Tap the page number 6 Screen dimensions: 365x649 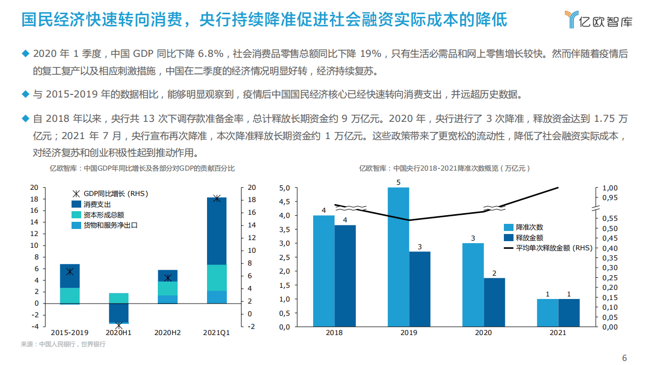coord(625,357)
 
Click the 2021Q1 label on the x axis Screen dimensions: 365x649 coord(217,333)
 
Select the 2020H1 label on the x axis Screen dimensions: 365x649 coord(118,333)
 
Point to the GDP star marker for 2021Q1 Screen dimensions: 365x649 coord(217,198)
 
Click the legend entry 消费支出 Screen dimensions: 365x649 coord(97,204)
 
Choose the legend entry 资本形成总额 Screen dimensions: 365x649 coord(104,215)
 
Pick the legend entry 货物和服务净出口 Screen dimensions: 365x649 coord(110,225)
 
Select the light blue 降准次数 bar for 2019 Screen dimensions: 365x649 coord(398,257)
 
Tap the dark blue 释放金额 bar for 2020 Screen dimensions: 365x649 coord(494,302)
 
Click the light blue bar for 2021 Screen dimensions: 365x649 coord(548,313)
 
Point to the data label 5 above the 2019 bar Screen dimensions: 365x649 coord(398,182)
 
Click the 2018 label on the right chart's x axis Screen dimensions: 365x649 coord(334,333)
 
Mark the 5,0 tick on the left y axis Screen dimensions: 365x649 coord(285,188)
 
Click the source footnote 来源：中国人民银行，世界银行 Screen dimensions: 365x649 coord(63,344)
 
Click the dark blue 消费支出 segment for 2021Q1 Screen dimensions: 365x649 coord(217,231)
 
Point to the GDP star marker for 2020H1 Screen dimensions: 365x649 coord(119,325)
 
